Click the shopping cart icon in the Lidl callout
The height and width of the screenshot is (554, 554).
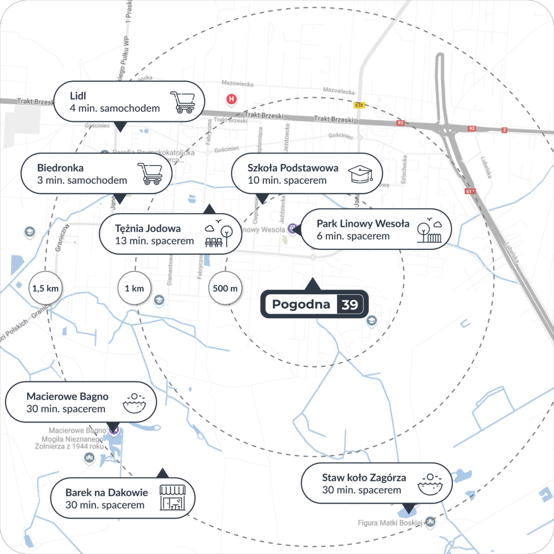coord(183,102)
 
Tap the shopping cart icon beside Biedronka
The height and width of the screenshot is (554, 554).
coord(150,173)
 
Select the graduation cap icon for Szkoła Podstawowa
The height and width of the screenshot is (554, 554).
coord(361,174)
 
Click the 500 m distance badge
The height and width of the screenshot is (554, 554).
coord(225,288)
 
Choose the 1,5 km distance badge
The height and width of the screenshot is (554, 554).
coord(45,288)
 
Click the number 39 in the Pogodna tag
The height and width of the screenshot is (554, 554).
coord(349,305)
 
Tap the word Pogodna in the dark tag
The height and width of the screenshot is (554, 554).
coord(301,305)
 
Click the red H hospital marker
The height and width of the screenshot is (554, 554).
coord(232,99)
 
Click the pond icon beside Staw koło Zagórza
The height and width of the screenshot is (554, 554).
coord(430,484)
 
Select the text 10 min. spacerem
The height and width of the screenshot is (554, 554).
coord(287,180)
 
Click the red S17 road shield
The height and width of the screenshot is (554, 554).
coord(470,191)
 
